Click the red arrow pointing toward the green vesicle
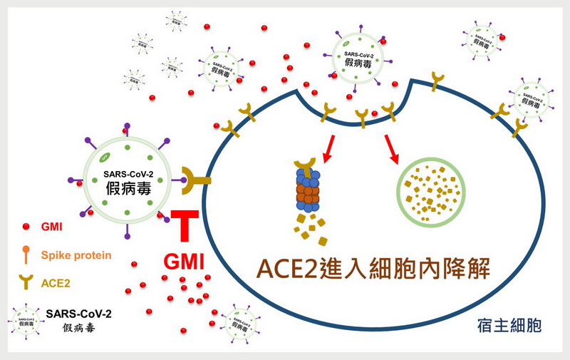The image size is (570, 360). pos(391,147)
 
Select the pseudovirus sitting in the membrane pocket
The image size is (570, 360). pos(357,57)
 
